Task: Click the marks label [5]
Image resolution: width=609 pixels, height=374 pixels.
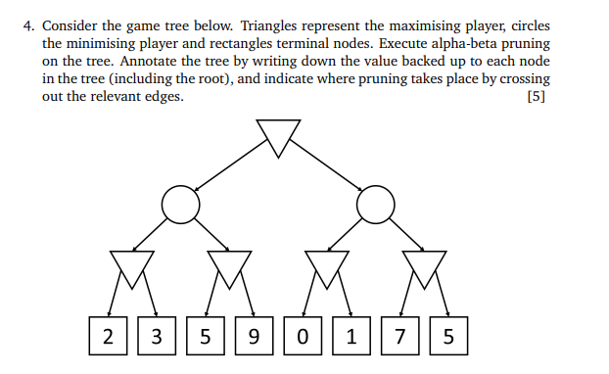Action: point(536,96)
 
